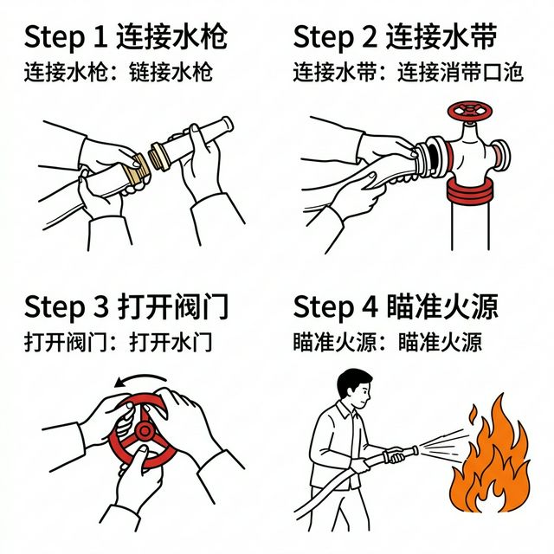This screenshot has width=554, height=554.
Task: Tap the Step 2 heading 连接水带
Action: [x=407, y=38]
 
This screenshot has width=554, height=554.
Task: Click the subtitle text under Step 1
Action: [x=118, y=72]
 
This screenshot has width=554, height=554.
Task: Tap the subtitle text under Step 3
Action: [x=118, y=341]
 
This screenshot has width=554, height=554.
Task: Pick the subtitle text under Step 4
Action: [x=388, y=341]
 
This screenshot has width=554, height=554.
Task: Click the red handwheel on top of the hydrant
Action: [x=468, y=110]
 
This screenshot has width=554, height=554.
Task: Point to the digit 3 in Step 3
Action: [x=100, y=307]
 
